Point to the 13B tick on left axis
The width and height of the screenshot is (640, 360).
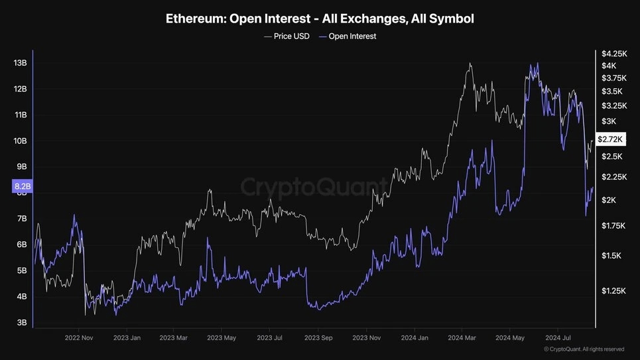20,63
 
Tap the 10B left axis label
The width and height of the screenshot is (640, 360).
20,141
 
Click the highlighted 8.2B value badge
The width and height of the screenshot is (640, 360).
22,187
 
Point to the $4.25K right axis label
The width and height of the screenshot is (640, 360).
613,53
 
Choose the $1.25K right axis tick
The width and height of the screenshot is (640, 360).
613,290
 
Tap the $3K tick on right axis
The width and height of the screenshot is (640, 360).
609,121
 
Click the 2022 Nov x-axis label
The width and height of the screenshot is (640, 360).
79,337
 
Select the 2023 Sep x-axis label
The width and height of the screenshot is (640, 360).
318,337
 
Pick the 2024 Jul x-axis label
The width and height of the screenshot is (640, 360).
558,337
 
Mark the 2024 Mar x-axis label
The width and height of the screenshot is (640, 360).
461,337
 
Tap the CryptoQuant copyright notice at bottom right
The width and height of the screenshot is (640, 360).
584,349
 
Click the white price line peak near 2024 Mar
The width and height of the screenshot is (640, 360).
470,64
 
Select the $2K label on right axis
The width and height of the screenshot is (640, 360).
609,200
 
